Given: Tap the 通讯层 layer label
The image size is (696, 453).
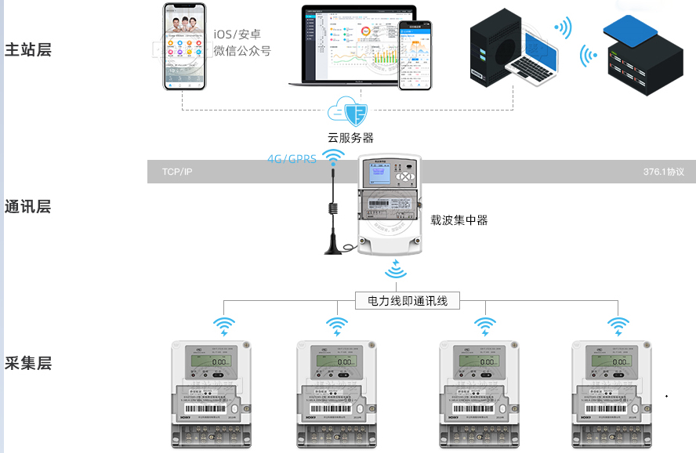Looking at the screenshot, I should pyautogui.click(x=28, y=207).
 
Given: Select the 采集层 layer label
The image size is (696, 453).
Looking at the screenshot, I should pyautogui.click(x=28, y=363).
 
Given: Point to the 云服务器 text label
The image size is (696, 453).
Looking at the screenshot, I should pyautogui.click(x=350, y=138).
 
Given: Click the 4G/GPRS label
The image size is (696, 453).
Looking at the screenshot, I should pyautogui.click(x=292, y=159).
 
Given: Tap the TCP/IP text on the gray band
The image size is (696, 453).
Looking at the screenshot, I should pyautogui.click(x=176, y=172).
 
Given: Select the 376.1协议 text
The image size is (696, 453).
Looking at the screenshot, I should pyautogui.click(x=664, y=172).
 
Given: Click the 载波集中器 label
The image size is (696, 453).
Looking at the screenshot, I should pyautogui.click(x=459, y=220).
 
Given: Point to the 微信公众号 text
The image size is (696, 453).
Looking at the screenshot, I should pyautogui.click(x=243, y=52).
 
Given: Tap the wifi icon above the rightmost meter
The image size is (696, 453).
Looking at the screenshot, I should pyautogui.click(x=618, y=324).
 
